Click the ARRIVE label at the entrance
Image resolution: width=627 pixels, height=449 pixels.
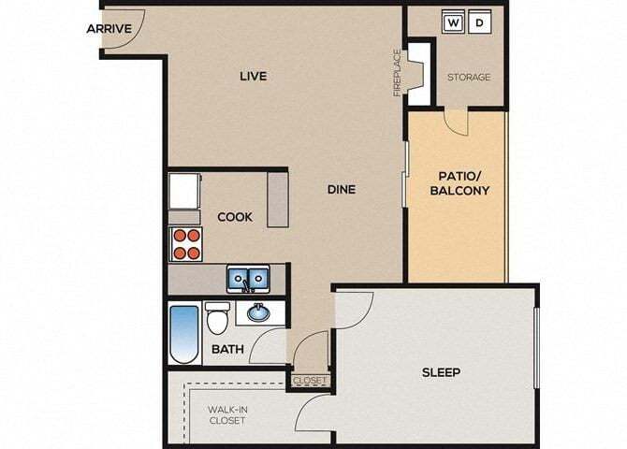109,28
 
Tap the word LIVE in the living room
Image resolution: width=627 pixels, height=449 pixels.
253,76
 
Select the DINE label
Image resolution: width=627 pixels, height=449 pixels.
341,189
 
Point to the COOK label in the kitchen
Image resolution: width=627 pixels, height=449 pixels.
235,217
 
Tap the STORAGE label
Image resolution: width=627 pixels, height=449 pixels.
468,77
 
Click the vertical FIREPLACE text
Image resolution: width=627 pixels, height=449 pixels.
397,72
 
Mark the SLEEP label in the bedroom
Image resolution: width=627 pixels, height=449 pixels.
440,372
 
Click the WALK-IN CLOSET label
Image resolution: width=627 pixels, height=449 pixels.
226,414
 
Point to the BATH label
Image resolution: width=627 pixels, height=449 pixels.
227,350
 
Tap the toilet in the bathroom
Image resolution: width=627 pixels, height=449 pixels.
217,319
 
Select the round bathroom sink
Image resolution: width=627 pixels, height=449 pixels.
254,313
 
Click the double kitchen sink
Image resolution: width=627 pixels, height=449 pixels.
248,278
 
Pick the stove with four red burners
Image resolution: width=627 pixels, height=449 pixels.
185,243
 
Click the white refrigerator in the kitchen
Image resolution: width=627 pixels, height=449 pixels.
184,193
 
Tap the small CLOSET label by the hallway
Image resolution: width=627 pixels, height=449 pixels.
310,380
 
